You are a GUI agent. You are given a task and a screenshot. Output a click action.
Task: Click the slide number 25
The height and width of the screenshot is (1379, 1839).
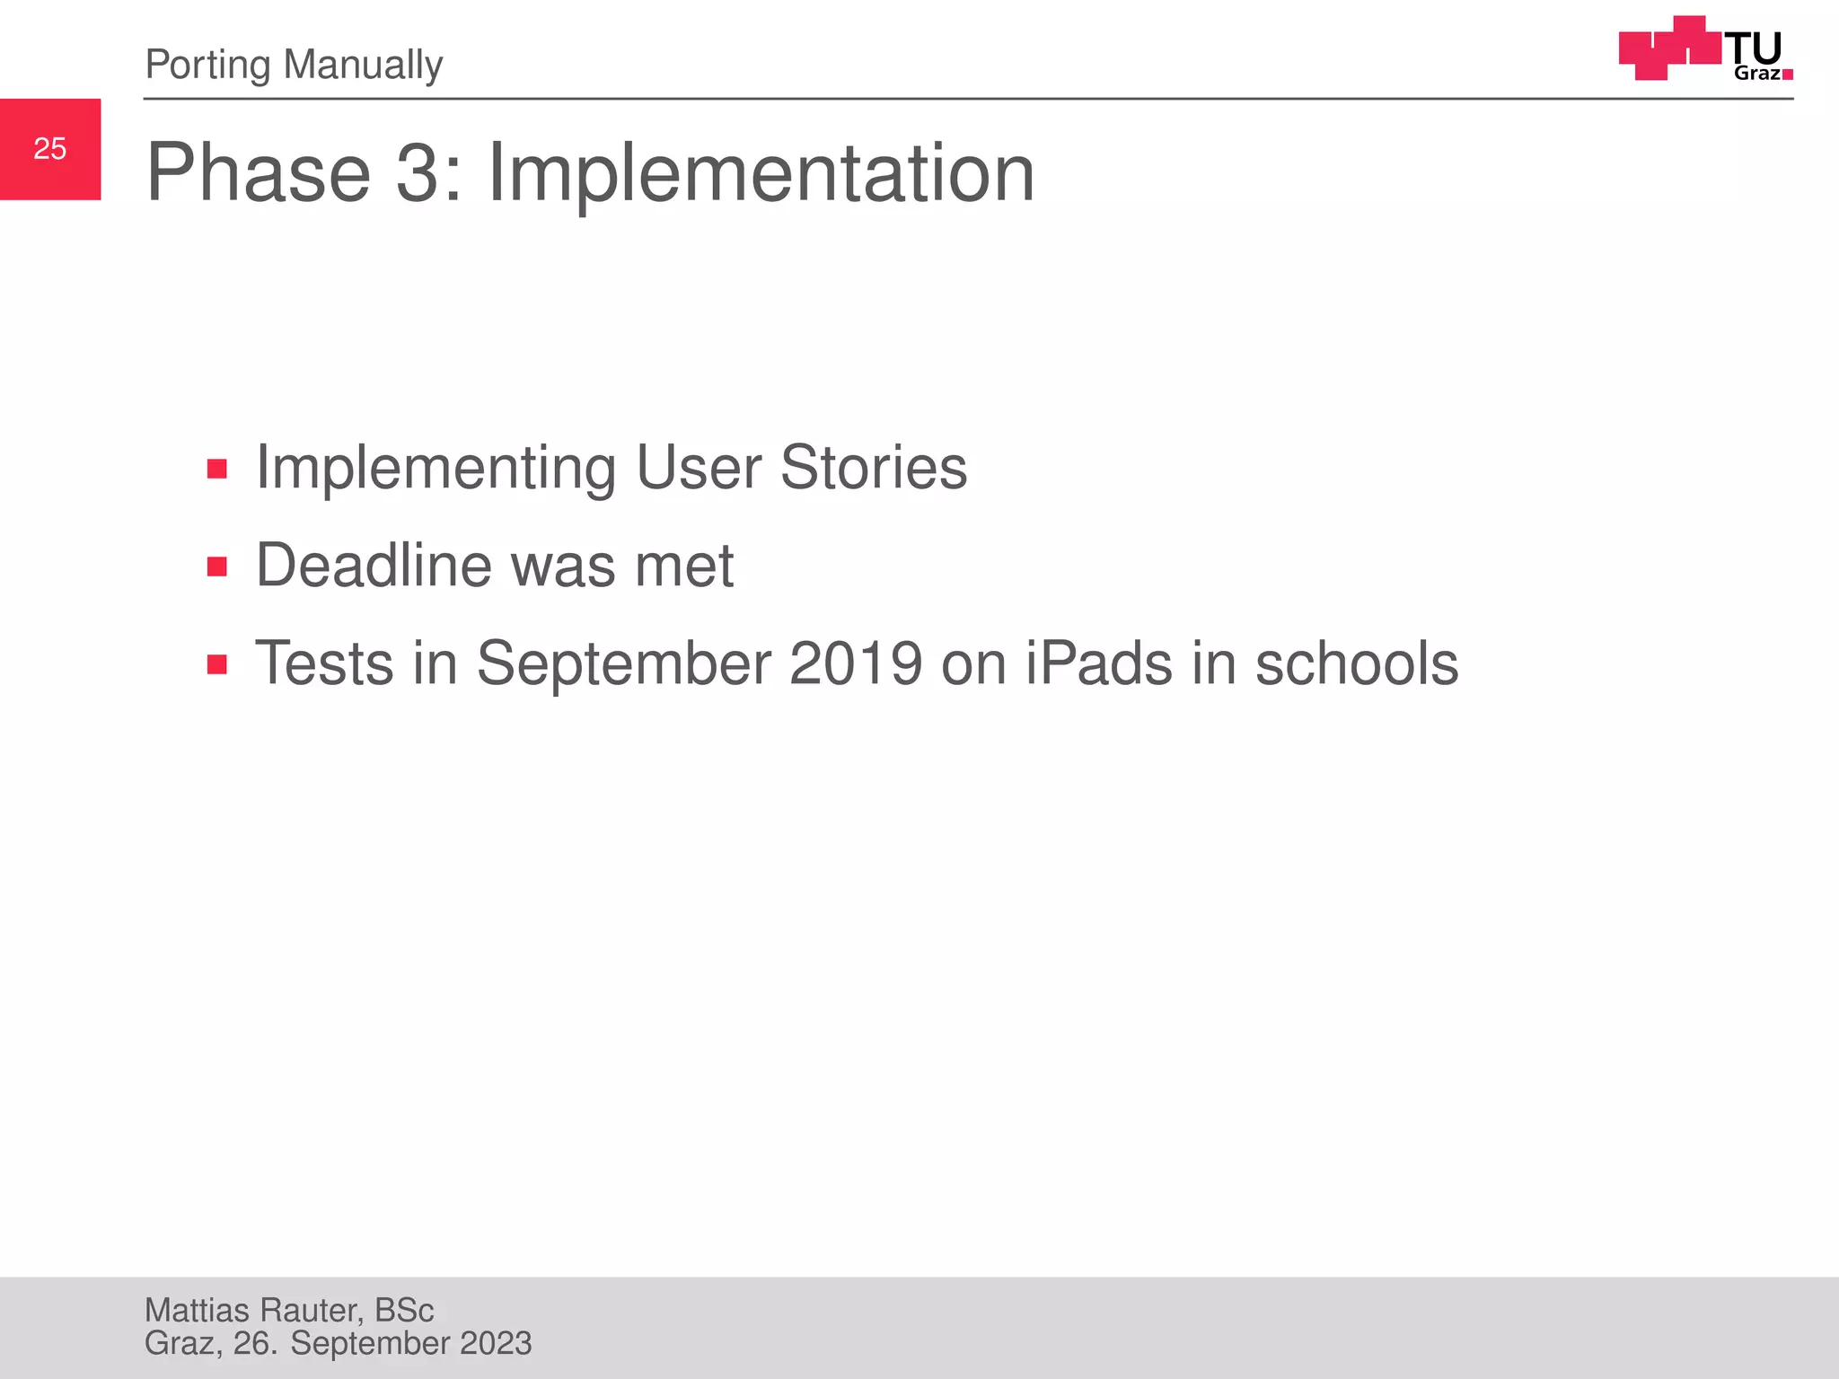coord(50,149)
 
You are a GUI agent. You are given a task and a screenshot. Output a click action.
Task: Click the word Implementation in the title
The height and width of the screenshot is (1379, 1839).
coord(761,173)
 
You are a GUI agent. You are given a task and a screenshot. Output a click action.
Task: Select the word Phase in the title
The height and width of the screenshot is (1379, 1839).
coord(259,173)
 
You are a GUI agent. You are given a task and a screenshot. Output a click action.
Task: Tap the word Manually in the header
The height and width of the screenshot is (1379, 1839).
coord(363,66)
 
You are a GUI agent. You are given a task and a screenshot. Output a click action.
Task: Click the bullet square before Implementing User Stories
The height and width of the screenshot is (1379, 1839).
coord(216,469)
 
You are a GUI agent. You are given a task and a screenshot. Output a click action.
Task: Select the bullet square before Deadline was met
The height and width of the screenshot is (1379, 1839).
coord(216,567)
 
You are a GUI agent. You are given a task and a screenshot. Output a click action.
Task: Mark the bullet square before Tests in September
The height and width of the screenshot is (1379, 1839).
coord(216,664)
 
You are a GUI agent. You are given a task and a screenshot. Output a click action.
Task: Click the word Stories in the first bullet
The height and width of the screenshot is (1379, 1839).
coord(873,468)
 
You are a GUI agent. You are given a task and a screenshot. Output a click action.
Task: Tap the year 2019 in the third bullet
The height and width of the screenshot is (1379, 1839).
coord(855,663)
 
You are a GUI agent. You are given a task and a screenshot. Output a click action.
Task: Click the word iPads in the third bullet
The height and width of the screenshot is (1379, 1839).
coord(1098,663)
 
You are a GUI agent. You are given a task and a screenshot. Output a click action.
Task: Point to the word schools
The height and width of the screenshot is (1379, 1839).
coord(1356,663)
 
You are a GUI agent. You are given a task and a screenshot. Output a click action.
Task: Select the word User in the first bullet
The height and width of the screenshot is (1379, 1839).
coord(699,468)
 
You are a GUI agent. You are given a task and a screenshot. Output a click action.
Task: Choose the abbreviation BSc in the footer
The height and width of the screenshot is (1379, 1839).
coord(404,1311)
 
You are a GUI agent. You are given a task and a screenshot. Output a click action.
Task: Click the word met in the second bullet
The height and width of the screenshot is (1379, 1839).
coord(684,566)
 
